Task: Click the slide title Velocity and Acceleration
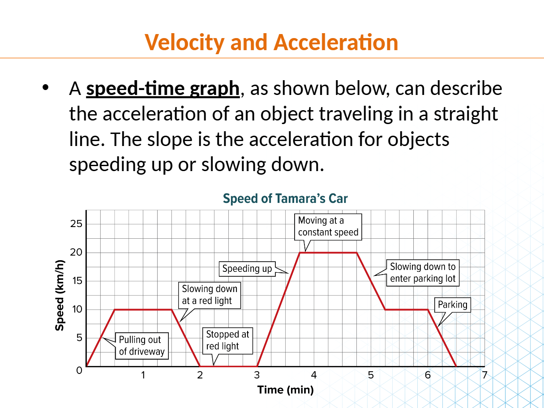271,43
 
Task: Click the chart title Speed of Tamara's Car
285,198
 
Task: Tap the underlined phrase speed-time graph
163,89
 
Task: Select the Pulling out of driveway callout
141,346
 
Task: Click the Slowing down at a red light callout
210,295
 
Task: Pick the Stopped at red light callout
228,340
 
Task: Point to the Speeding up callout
247,269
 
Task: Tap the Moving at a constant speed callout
328,226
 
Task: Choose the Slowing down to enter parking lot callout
423,273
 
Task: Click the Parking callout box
452,305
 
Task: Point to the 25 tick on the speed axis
76,224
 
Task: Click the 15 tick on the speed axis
76,281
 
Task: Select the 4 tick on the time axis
314,375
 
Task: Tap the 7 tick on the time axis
484,375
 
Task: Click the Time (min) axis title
285,390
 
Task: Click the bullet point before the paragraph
44,88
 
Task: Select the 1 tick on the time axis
143,375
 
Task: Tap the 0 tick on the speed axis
79,370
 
